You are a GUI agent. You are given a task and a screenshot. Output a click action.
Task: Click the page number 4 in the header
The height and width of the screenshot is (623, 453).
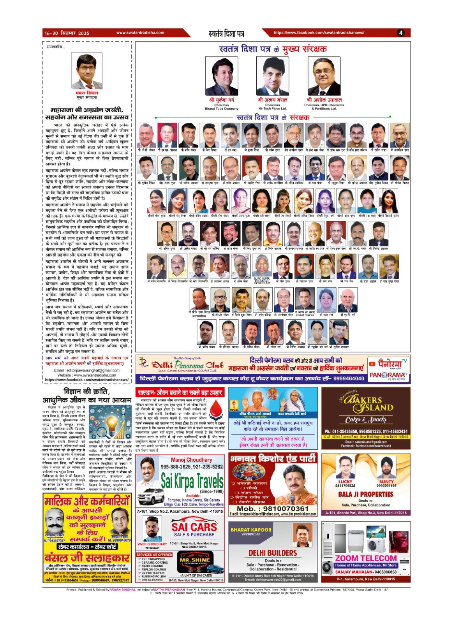coord(400,33)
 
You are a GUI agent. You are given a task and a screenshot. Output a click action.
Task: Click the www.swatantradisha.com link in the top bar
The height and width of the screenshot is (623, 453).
coord(140,33)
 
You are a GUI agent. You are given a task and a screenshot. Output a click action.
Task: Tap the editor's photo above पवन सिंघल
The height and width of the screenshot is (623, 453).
coord(87,71)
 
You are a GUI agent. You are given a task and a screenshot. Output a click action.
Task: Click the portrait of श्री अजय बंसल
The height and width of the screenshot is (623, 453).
coord(272,76)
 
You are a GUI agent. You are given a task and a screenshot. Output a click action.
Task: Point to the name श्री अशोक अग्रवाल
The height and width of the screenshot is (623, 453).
coord(324,100)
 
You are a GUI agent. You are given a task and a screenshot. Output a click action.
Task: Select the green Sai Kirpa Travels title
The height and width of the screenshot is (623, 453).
coord(192,481)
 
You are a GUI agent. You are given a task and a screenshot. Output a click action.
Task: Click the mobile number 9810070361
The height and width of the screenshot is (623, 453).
coord(273,509)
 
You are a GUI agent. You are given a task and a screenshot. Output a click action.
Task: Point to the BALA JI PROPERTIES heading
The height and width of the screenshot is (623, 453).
coord(366,494)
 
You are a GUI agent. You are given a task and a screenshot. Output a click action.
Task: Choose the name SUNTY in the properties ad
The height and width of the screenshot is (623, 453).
coord(386,482)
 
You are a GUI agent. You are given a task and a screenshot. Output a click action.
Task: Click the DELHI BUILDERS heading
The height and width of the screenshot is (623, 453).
coord(273,553)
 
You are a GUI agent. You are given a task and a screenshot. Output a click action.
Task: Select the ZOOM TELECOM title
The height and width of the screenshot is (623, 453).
coord(366,558)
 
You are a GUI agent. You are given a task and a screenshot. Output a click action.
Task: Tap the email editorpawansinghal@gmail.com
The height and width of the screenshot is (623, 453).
coord(87,370)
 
